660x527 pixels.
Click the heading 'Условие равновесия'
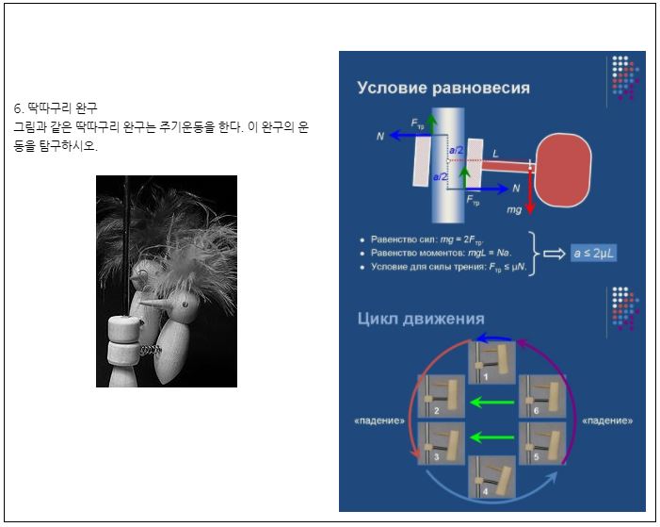tap(443, 88)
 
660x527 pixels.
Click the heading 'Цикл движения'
tap(420, 318)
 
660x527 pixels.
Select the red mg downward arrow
tap(531, 189)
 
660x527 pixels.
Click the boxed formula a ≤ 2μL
tap(593, 253)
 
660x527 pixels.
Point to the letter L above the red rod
tap(495, 152)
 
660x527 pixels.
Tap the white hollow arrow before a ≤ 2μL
tap(554, 253)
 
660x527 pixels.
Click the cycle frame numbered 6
tap(542, 395)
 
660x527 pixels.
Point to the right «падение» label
tap(607, 420)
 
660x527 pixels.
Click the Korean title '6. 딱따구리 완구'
tap(56, 107)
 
